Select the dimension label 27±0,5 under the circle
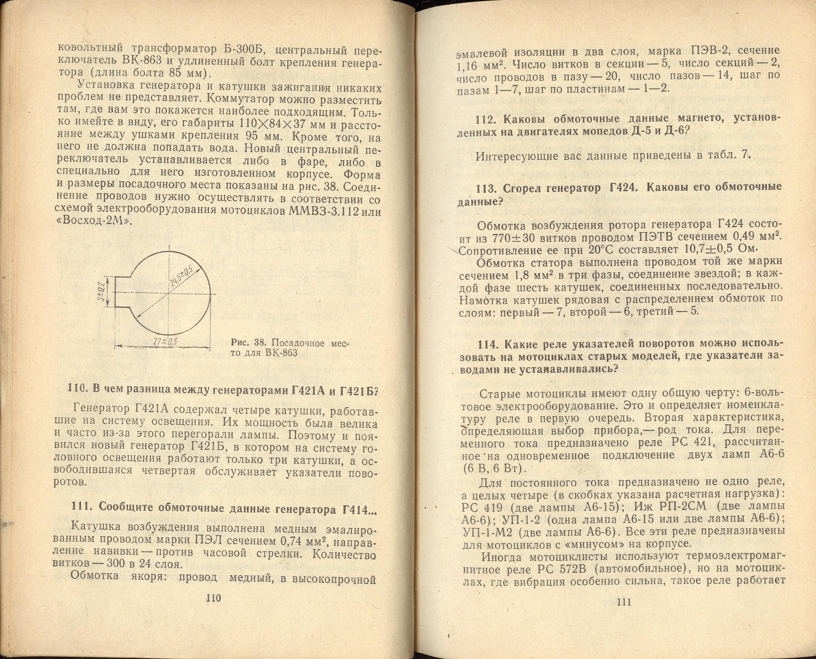165,342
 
